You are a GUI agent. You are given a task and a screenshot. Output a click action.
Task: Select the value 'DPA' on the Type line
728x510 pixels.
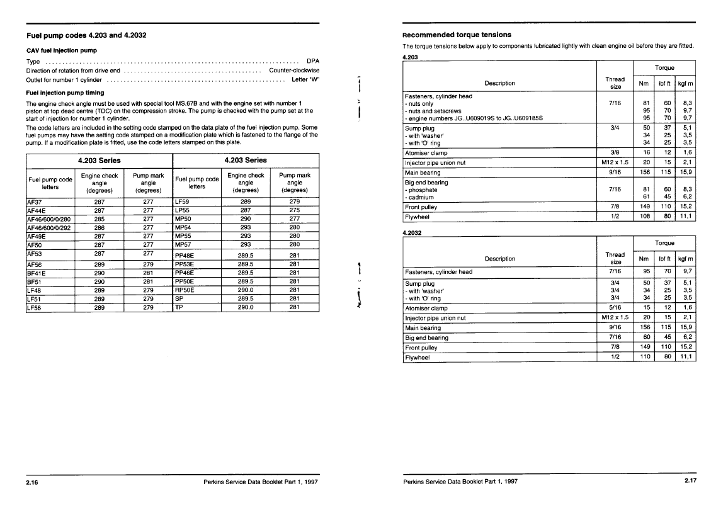(x=312, y=61)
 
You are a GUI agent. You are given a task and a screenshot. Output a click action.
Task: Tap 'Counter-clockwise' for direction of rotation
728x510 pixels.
(x=294, y=71)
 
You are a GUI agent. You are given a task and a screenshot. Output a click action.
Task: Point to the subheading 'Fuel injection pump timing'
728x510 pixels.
(x=65, y=93)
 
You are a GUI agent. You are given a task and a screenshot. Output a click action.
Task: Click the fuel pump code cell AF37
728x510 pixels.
(x=35, y=202)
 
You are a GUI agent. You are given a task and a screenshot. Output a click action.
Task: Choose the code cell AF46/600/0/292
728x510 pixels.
(x=50, y=228)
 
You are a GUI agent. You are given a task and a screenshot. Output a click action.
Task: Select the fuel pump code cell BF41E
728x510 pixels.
(x=37, y=273)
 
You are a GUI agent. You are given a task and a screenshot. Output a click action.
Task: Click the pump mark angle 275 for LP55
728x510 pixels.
(x=294, y=210)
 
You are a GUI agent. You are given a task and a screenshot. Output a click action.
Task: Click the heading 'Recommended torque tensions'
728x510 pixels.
(x=457, y=35)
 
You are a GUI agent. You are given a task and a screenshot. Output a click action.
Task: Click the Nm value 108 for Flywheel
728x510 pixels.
(x=644, y=217)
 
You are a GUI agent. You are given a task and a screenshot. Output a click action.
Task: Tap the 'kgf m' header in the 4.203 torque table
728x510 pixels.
(x=685, y=83)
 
